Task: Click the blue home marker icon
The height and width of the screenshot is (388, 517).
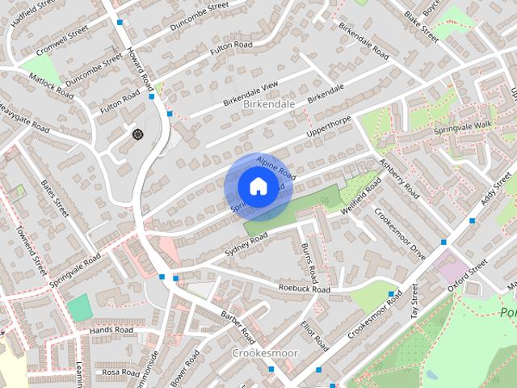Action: (257, 187)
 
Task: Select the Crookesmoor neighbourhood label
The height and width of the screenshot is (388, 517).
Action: (265, 353)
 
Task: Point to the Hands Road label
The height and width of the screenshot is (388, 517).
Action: (111, 330)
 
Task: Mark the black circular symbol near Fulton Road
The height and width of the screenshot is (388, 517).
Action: (137, 133)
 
